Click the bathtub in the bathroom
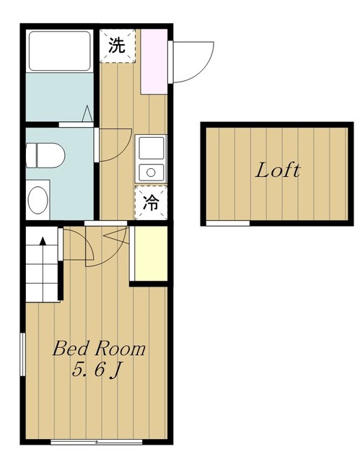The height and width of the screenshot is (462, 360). [x=59, y=51]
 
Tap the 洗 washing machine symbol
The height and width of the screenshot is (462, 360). [x=118, y=45]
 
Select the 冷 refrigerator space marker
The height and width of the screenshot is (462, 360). [x=151, y=203]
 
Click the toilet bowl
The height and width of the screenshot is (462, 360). [x=45, y=155]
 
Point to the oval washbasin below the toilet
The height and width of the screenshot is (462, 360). [x=38, y=200]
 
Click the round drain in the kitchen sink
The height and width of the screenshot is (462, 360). [x=151, y=173]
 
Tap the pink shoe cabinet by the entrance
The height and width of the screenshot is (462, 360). [x=154, y=61]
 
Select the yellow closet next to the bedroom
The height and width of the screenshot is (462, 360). [x=151, y=253]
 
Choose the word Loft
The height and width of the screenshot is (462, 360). [x=277, y=170]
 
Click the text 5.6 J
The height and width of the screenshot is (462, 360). [x=97, y=370]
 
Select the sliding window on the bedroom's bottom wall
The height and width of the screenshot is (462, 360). [x=96, y=442]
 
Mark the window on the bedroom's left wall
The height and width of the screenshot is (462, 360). [x=22, y=354]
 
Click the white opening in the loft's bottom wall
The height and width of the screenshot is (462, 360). [x=228, y=223]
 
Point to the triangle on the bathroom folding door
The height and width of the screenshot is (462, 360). [x=87, y=114]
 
